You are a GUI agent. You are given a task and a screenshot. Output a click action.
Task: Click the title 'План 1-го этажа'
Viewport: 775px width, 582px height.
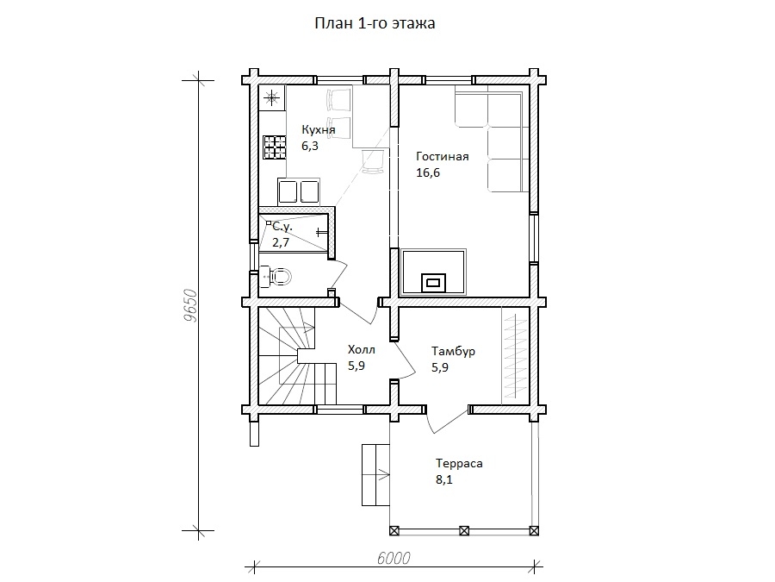375,23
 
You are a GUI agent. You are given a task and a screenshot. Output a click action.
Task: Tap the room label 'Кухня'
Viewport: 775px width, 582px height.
319,129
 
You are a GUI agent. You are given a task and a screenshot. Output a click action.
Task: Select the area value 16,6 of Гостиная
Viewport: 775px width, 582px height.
428,172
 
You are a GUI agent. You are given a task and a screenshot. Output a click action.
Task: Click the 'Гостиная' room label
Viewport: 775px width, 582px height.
443,156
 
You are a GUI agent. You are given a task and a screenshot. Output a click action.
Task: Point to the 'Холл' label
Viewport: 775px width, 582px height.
362,349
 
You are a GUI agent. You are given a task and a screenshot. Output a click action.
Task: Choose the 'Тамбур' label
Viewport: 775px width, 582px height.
453,351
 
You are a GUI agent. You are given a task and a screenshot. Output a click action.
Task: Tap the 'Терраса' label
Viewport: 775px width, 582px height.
459,463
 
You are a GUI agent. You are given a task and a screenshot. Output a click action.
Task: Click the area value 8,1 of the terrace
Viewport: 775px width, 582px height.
443,479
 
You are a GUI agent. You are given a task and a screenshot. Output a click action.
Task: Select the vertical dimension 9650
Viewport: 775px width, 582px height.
190,305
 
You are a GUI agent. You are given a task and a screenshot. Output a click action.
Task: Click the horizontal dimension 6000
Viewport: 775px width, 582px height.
394,558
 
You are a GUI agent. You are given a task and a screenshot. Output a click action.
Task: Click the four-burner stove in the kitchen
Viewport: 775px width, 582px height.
275,147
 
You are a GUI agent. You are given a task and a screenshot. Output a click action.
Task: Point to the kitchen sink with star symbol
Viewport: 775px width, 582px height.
271,97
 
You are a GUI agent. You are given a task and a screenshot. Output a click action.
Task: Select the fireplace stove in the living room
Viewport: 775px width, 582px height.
433,272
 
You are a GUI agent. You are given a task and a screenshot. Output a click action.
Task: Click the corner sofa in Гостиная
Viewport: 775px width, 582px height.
493,139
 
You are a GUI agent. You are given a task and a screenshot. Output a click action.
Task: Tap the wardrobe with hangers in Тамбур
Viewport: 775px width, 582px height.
516,355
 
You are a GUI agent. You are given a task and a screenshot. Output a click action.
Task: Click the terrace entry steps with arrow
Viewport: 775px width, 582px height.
375,474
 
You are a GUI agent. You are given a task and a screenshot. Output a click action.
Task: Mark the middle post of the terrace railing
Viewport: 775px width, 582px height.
464,531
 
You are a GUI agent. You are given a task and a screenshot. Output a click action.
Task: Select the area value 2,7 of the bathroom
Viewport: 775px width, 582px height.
281,242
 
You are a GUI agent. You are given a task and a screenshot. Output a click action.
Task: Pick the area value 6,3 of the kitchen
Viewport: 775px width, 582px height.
310,146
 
